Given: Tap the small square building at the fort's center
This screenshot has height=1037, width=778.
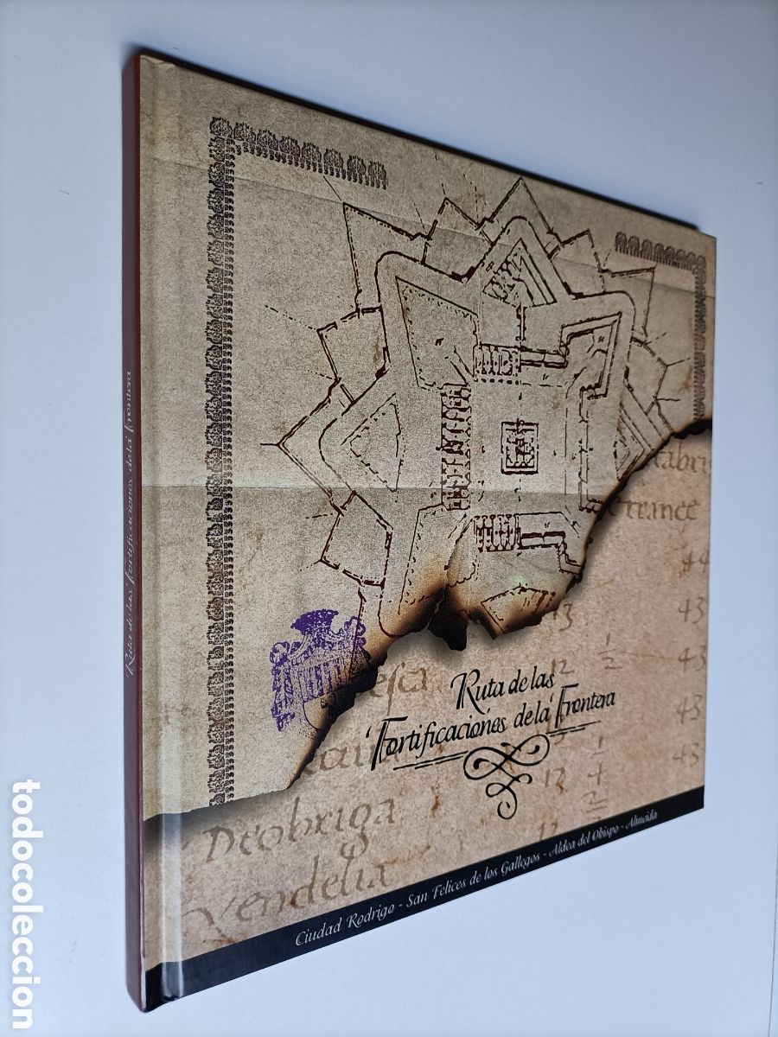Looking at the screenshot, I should click(x=519, y=444).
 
